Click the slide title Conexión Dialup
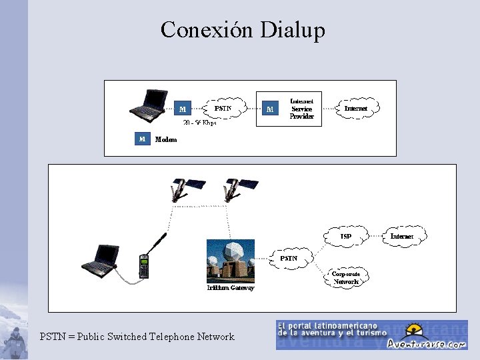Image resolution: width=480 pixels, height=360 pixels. pos(243,30)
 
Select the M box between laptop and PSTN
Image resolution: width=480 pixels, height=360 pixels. pos(183,108)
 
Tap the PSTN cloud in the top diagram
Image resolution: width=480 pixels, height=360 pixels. pos(223,108)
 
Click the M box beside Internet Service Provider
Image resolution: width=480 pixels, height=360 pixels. pos(269,108)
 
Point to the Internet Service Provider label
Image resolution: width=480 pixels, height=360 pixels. pos(301,109)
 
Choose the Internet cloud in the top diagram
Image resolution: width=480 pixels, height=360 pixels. pos(356,108)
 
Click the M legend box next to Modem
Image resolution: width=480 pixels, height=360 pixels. pos(141,139)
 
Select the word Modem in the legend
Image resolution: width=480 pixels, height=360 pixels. pos(166,139)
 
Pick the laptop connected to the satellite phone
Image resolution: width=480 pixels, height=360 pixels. pos(101,261)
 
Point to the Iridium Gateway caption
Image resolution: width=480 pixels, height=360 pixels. pos(230,288)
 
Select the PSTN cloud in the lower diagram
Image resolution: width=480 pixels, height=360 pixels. pos(289,258)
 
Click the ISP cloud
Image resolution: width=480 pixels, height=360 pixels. pos(345,236)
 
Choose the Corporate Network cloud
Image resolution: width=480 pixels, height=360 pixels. pos(346,277)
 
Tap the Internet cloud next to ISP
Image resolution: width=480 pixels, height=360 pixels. pos(401,236)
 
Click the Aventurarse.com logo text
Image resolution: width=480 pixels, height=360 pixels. pos(437,344)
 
